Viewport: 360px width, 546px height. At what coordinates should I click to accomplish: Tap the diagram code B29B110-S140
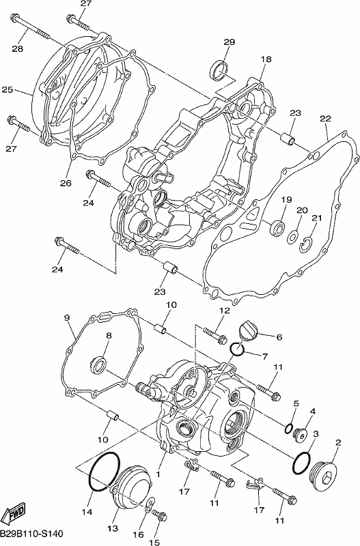(31, 534)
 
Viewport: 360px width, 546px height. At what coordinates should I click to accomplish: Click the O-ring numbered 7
(237, 349)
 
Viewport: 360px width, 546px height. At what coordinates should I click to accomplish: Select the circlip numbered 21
(306, 244)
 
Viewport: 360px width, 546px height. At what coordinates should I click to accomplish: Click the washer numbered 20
(292, 236)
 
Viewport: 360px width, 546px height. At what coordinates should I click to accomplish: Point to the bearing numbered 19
(277, 227)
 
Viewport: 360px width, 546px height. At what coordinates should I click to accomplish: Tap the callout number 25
(8, 90)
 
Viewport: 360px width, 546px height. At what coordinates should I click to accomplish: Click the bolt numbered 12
(214, 334)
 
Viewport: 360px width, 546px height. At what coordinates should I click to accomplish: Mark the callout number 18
(266, 59)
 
